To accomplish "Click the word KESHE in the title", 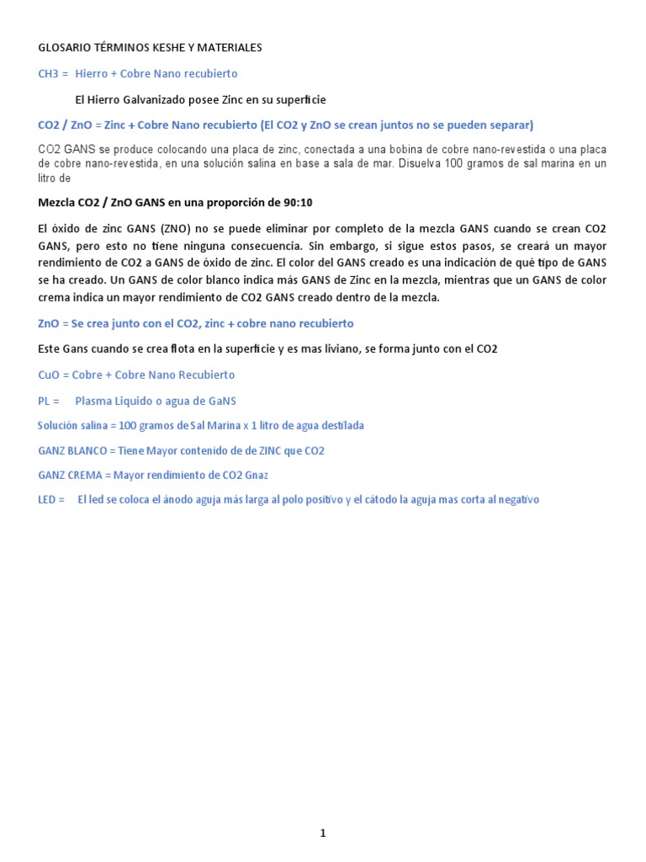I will (163, 48).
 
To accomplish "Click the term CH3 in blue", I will (48, 74).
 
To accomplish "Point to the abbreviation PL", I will (45, 400).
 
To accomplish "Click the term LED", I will (48, 500).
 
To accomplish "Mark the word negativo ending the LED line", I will (516, 500).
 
